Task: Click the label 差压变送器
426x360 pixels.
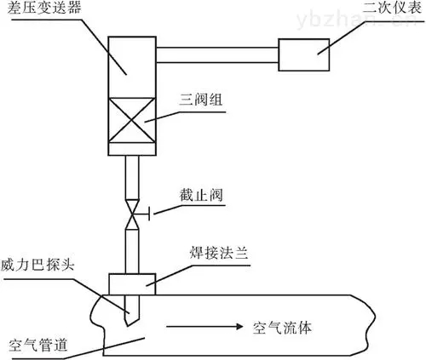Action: pos(44,8)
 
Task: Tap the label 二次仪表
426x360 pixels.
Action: pos(392,7)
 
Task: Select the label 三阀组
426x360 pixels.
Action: pos(201,100)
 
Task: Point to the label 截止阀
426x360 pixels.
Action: pos(201,195)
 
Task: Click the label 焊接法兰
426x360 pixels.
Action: pos(219,253)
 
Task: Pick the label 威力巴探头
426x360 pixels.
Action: pos(37,266)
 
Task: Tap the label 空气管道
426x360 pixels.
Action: pos(38,346)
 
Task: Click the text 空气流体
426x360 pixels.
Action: pos(282,328)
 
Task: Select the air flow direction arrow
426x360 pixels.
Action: pos(204,327)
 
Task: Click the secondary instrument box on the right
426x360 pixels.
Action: pos(304,54)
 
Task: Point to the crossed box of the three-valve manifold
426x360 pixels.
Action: pos(132,120)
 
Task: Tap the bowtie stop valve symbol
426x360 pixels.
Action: pos(132,214)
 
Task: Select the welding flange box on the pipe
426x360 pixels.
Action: pos(132,284)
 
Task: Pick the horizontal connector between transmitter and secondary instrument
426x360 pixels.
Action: pos(217,55)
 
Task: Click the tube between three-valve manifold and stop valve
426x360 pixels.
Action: pos(132,178)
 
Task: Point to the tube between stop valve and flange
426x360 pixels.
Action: pos(132,251)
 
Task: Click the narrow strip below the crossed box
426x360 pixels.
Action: pos(132,149)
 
